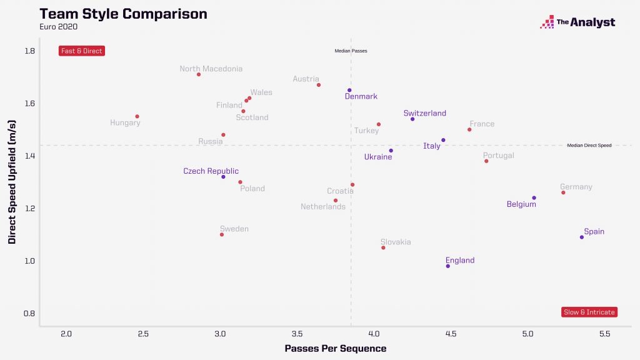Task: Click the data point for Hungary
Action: tap(137, 116)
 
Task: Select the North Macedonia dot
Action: tap(199, 74)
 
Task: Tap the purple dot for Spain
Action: tap(582, 237)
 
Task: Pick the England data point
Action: tap(448, 266)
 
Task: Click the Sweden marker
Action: tap(222, 234)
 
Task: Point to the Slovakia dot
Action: tap(383, 248)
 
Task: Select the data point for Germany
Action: tap(563, 192)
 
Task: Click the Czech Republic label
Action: tap(211, 171)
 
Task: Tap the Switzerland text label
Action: tap(425, 114)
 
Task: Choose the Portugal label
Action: tap(498, 156)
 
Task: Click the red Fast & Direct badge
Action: tap(82, 51)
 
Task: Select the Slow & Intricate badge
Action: tap(589, 312)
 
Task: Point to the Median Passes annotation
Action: tap(351, 51)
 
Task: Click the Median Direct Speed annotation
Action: tap(589, 145)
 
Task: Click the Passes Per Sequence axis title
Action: tap(335, 348)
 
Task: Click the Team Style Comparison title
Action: tap(123, 14)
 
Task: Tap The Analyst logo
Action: tap(577, 22)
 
